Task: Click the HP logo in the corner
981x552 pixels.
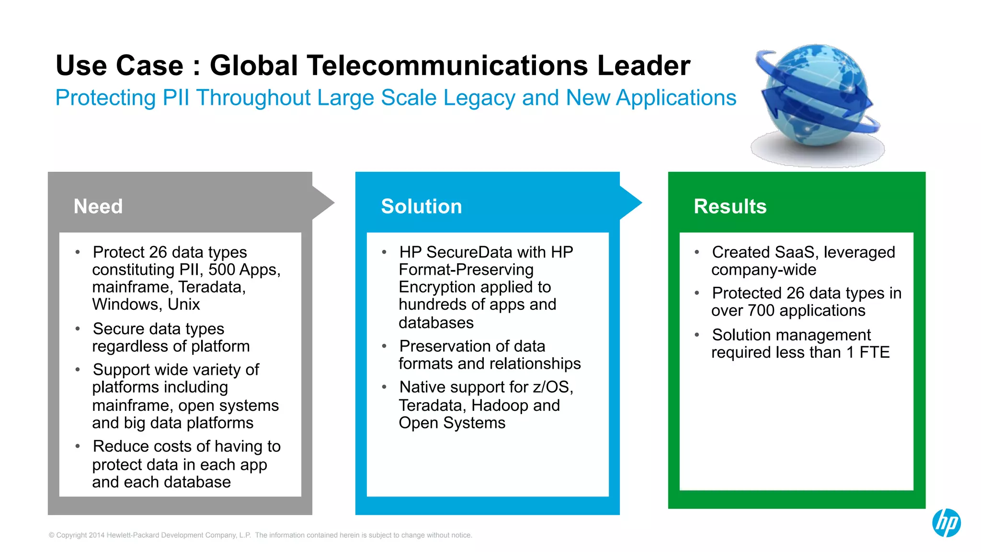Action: pos(946,522)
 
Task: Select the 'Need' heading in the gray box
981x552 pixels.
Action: pos(98,206)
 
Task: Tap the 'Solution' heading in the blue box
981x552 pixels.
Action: pos(421,206)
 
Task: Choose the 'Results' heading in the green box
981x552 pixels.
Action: pos(730,206)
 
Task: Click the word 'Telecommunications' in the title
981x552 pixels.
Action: pos(446,66)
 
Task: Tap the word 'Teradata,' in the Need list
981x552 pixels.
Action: pos(212,287)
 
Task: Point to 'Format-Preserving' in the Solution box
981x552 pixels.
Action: pos(466,270)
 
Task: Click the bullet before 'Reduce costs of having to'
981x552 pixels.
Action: pos(78,446)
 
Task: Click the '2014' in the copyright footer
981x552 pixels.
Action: pos(96,535)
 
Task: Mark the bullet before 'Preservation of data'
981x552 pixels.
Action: pos(384,346)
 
